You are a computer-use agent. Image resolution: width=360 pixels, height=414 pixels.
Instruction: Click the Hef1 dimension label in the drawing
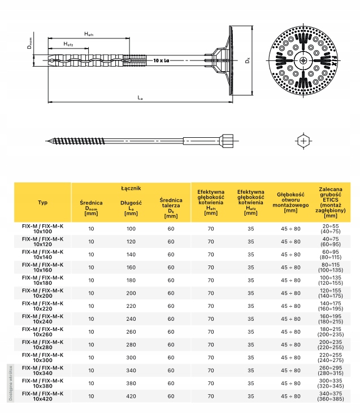[89, 34]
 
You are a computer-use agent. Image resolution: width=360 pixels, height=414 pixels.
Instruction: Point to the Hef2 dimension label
[68, 44]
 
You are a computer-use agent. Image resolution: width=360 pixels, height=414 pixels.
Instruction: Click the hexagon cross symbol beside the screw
[304, 140]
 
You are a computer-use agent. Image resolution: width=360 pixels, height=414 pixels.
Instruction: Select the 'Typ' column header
[43, 202]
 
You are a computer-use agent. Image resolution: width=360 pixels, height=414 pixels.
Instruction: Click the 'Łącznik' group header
[131, 188]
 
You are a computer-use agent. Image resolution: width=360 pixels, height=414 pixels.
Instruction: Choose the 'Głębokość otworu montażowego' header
[291, 202]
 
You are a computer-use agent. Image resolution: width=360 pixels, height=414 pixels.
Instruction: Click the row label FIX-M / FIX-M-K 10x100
[43, 229]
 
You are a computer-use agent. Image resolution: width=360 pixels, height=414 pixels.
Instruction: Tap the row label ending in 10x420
[43, 396]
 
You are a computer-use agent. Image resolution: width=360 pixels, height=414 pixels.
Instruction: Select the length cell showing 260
[131, 332]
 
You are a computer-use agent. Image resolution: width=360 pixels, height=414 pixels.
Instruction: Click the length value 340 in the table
[131, 371]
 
